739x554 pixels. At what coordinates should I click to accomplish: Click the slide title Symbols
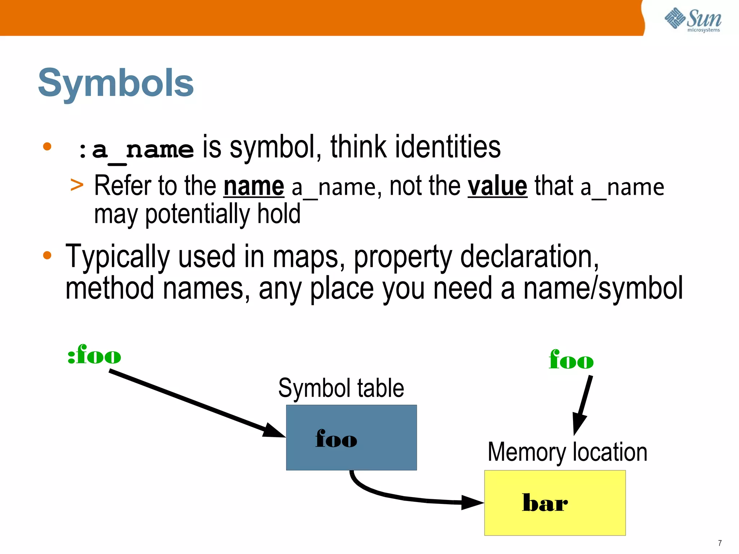click(116, 83)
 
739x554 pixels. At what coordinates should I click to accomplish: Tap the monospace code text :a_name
click(136, 150)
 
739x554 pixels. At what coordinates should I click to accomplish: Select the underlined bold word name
click(254, 186)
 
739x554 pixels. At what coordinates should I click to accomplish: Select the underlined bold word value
click(497, 186)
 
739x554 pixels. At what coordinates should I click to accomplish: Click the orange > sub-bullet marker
click(77, 185)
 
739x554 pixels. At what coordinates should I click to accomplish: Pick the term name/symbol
click(603, 288)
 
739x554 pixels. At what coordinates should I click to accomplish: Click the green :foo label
click(94, 355)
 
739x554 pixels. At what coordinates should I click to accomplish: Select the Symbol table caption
click(341, 388)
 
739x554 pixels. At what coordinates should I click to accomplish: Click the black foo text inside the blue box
click(336, 439)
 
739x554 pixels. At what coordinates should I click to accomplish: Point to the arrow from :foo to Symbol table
click(195, 403)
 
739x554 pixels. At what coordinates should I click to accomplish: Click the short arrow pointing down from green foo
click(583, 404)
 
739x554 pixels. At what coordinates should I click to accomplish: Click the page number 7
click(720, 543)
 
